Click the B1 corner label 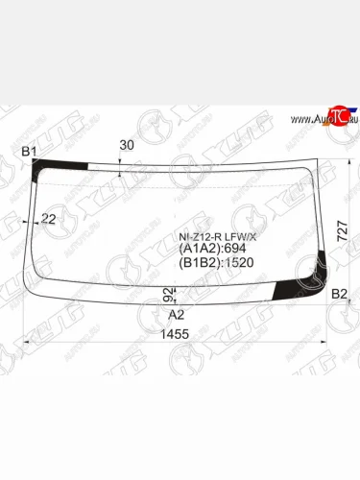[x=29, y=151]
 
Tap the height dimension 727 [x=343, y=229]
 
